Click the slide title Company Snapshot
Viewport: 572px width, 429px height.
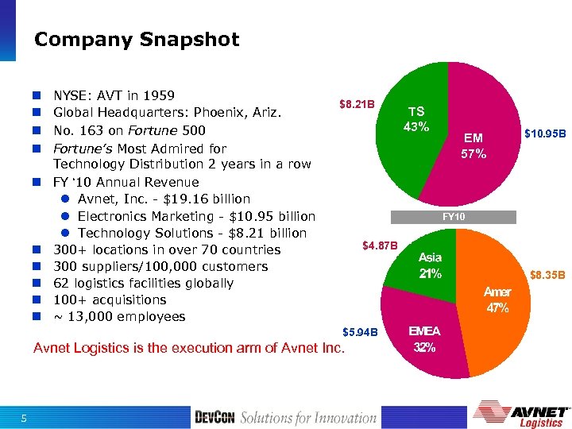(137, 40)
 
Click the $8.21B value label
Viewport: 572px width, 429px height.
(356, 104)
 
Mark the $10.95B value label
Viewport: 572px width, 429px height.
(544, 135)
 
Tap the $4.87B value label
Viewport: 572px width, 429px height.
(380, 245)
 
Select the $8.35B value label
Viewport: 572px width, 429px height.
(547, 276)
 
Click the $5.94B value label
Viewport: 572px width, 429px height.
(360, 331)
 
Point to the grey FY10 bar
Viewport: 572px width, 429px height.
(454, 217)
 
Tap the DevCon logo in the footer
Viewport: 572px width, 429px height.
(214, 417)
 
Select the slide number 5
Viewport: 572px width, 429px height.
(24, 419)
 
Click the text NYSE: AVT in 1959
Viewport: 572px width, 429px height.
(114, 96)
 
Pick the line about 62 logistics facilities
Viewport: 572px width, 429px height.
(143, 283)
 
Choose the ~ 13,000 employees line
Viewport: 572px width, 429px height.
(119, 317)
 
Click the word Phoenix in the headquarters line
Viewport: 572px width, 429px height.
(229, 113)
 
